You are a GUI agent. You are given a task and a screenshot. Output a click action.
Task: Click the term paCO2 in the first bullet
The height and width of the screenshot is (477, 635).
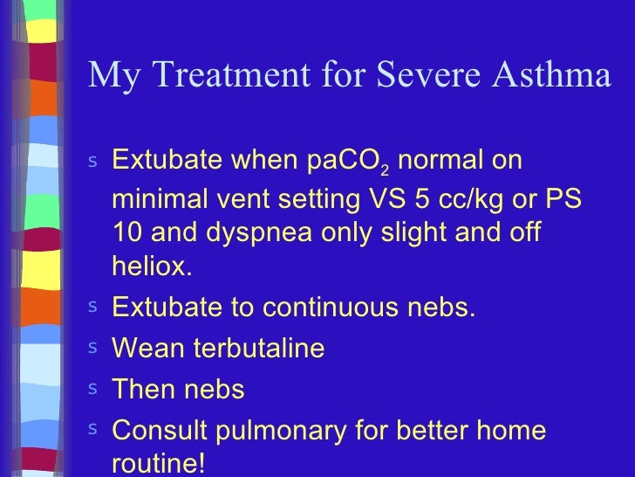(x=349, y=162)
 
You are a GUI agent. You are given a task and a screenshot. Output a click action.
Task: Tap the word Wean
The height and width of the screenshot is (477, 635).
(x=148, y=349)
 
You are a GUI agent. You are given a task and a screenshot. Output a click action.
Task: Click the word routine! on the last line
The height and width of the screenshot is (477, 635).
(x=159, y=464)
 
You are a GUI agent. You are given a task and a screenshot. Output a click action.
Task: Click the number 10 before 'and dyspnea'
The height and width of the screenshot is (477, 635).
(x=127, y=233)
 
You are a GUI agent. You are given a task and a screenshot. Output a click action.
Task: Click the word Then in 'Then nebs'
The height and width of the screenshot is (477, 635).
(x=143, y=390)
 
